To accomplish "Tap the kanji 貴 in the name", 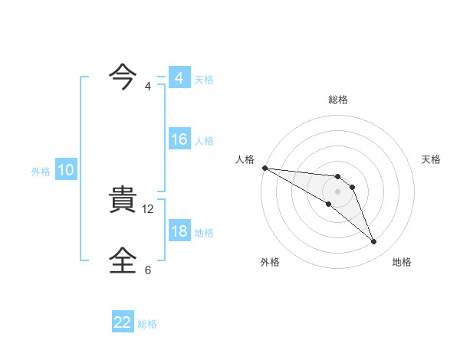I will (124, 201).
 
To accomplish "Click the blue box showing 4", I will (179, 78).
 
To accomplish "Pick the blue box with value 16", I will (179, 139).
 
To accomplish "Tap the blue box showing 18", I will (179, 231).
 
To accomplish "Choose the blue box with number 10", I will (66, 171).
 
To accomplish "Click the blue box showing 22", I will (123, 322).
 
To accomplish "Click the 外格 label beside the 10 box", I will (41, 172).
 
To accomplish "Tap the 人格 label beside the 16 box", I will (204, 140).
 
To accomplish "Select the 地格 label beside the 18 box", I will (204, 232).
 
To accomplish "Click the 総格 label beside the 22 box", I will (147, 323).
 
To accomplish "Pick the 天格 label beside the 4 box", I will (204, 79).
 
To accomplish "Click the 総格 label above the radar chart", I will (338, 100).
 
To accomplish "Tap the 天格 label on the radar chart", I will (432, 159).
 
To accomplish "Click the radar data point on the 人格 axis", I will (264, 168).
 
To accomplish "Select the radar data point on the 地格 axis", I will (374, 242).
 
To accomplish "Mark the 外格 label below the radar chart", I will (270, 262).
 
